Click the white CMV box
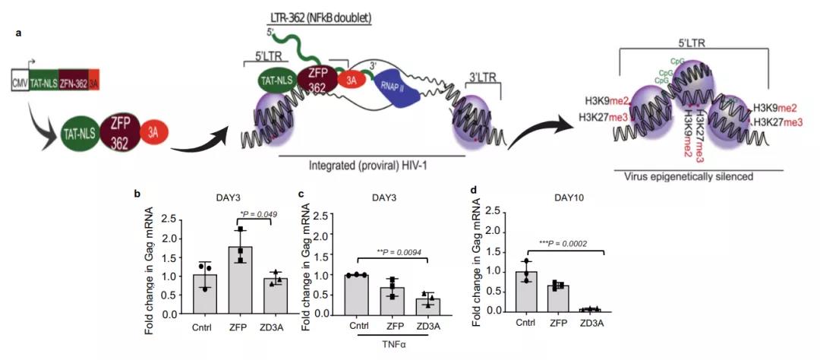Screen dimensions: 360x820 (x=20, y=79)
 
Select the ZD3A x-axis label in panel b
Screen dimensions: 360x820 (x=276, y=326)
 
